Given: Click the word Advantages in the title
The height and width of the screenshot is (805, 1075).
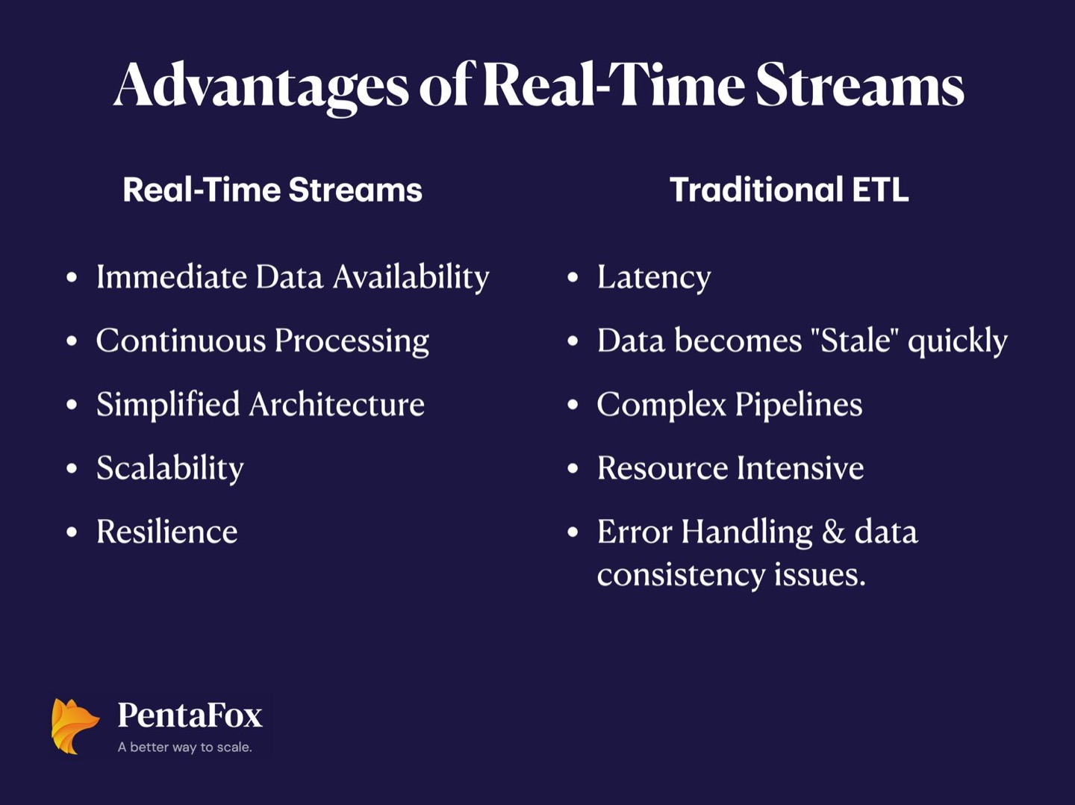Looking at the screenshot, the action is click(x=261, y=87).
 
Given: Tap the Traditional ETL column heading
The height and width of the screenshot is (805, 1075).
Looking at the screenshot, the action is click(x=789, y=190).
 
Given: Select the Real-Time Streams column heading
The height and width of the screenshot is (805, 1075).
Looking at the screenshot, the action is click(x=272, y=190).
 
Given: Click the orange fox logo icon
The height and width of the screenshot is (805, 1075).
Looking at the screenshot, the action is click(x=75, y=726).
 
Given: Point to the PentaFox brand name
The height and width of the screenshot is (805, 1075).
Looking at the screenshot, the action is click(x=190, y=715).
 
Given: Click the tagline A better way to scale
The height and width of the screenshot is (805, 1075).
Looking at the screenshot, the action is click(x=184, y=747).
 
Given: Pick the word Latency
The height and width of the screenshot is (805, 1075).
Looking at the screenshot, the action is click(x=654, y=278).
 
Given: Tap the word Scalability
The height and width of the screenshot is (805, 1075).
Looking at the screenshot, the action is click(x=170, y=469).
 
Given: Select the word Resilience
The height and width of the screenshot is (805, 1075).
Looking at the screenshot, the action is click(x=167, y=532).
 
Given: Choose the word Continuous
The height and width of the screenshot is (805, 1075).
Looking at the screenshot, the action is click(x=181, y=341).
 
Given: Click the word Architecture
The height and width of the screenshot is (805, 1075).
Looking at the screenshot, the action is click(x=337, y=405).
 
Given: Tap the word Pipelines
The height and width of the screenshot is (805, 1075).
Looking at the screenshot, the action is click(x=799, y=405).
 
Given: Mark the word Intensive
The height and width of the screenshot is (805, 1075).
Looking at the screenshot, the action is click(x=800, y=468).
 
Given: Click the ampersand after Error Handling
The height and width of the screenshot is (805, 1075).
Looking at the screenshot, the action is click(x=834, y=532).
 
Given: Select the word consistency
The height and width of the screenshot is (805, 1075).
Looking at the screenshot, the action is click(x=681, y=576).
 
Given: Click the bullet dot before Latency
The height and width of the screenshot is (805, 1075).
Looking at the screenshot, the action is click(x=573, y=278).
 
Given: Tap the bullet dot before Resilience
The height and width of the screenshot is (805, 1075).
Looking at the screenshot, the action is click(x=72, y=532).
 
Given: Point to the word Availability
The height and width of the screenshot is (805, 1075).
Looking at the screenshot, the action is click(x=411, y=278).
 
